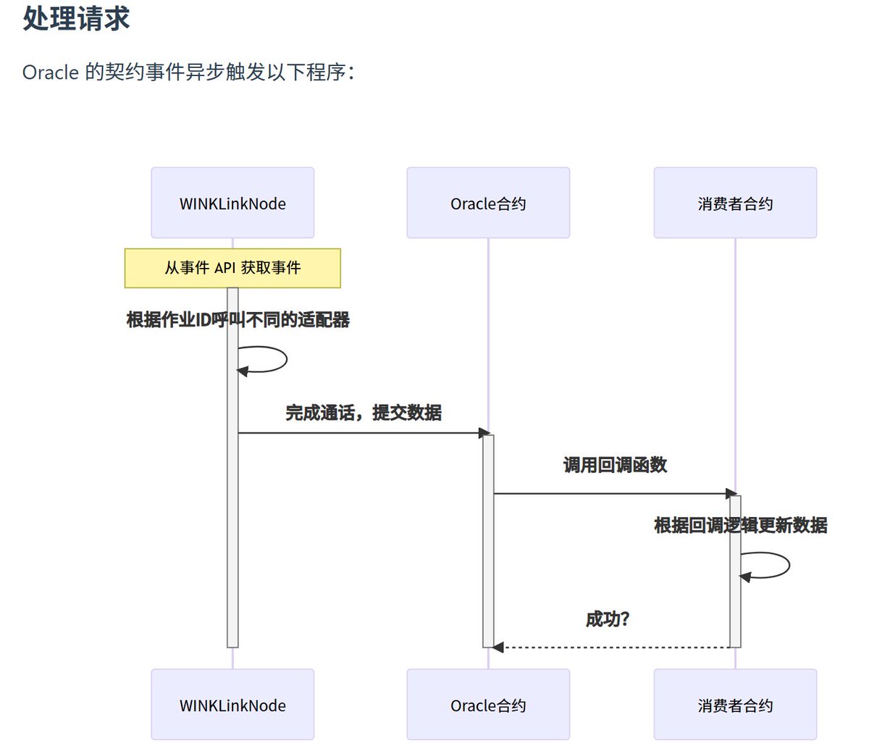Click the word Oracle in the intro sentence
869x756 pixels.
click(x=50, y=72)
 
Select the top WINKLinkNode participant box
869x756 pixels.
click(x=232, y=203)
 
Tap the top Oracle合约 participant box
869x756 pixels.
click(x=488, y=203)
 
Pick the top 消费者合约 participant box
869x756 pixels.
click(x=735, y=203)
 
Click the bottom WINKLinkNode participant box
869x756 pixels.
click(x=232, y=705)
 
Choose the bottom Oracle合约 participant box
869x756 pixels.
click(x=488, y=705)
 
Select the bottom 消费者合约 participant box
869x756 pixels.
click(x=735, y=705)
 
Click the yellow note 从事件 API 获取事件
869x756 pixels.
click(x=232, y=268)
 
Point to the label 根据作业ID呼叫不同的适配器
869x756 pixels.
click(x=238, y=319)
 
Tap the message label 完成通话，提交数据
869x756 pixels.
click(x=364, y=413)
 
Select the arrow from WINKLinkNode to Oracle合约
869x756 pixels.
click(x=362, y=433)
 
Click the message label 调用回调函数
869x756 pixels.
click(x=615, y=465)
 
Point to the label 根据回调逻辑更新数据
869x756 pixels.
click(x=740, y=525)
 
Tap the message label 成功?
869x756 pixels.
click(x=608, y=619)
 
